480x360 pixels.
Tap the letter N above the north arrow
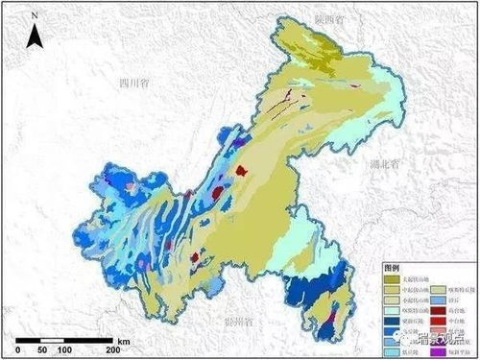tap(34, 16)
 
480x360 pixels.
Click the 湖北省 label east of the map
tap(386, 166)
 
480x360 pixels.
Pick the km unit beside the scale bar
tap(124, 341)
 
